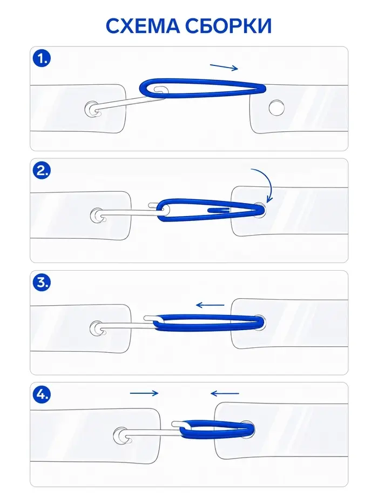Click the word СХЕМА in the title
coord(143,26)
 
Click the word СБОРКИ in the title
coord(228,26)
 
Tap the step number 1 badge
coord(42,58)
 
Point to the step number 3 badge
coord(42,283)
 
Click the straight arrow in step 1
coord(224,67)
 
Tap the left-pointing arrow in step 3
coord(210,305)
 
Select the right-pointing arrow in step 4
coord(144,393)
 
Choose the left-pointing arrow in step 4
coord(225,393)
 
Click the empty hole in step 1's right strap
coord(276,107)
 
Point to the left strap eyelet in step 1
coord(92,109)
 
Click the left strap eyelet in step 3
coord(97,328)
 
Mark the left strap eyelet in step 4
coord(121,436)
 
